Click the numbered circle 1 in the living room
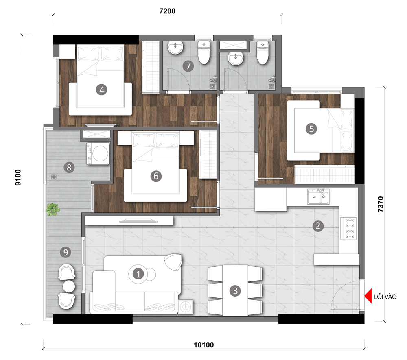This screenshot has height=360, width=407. (138, 274)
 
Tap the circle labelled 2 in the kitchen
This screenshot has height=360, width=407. (318, 226)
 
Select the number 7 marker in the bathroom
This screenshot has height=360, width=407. (188, 66)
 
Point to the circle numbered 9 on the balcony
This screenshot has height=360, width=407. (66, 252)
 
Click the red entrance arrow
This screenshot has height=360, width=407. (368, 296)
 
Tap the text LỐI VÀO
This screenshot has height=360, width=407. (385, 297)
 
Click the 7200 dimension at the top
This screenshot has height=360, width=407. (167, 11)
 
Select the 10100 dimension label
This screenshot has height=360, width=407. (204, 345)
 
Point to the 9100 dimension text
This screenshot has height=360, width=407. (18, 177)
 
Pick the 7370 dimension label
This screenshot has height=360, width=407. (380, 204)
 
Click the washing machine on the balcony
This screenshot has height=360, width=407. (98, 153)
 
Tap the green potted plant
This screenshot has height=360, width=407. (53, 209)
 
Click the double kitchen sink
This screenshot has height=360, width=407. (318, 196)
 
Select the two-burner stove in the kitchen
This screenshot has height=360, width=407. (348, 228)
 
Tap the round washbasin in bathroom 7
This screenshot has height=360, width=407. (175, 48)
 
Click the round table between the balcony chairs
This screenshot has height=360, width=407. (69, 287)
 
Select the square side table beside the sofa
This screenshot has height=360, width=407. (185, 307)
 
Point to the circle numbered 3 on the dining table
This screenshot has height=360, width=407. (235, 291)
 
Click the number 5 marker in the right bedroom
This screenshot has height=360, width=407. (311, 129)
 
